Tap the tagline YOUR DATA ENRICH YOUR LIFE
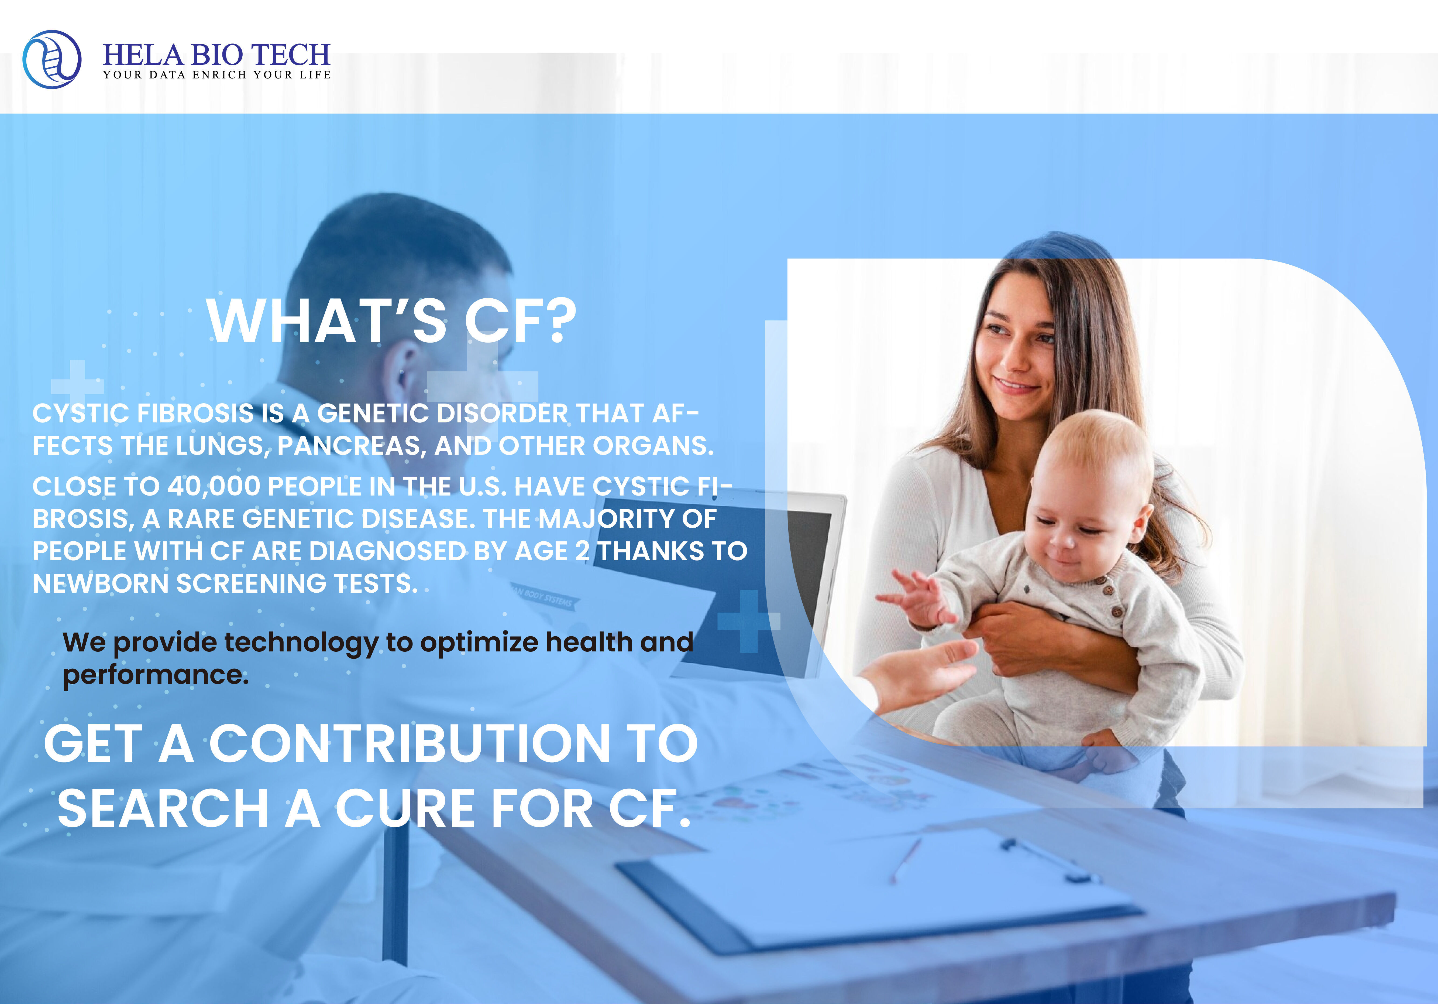(x=217, y=74)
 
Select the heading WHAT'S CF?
(x=391, y=321)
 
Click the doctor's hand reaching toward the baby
(x=921, y=674)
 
